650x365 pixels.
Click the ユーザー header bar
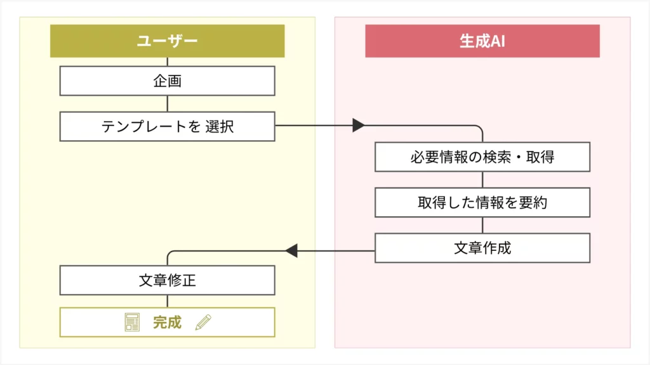click(x=167, y=41)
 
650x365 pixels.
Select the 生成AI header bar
click(x=482, y=41)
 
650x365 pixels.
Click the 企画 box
click(x=167, y=81)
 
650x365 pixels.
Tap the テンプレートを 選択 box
click(x=167, y=126)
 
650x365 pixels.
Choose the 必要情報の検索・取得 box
click(x=482, y=157)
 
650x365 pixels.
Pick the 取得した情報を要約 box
click(x=482, y=203)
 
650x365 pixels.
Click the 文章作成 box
click(x=482, y=248)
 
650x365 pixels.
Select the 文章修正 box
click(x=167, y=280)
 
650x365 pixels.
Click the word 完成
click(x=167, y=323)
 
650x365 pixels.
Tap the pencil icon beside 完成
click(x=202, y=323)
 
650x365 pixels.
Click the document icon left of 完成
click(x=131, y=323)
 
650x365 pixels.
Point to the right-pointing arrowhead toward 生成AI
click(x=359, y=125)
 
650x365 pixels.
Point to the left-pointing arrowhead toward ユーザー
click(x=291, y=251)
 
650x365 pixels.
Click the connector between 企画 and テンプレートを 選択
click(x=167, y=104)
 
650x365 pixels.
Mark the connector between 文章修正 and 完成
click(x=167, y=302)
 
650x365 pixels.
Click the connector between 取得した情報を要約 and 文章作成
click(x=482, y=225)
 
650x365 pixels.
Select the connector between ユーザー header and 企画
click(x=167, y=61)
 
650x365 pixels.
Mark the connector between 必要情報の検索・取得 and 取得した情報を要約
click(x=482, y=180)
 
